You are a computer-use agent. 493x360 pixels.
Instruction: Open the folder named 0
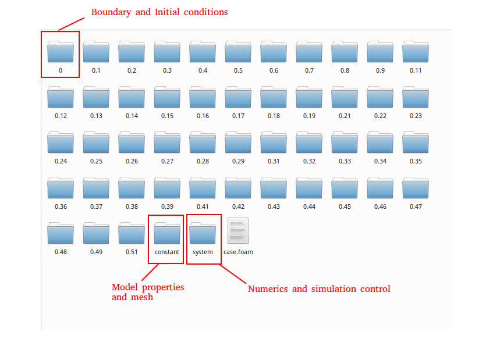61,52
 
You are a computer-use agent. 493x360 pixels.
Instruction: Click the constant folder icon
167,233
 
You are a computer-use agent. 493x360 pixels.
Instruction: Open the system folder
203,233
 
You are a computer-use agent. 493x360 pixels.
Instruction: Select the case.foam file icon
238,230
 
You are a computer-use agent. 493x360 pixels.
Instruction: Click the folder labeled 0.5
238,52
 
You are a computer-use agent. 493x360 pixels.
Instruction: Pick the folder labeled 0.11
416,52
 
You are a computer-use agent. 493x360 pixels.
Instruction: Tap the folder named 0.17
238,97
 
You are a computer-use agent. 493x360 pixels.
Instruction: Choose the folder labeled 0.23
416,97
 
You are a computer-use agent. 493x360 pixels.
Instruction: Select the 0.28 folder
203,142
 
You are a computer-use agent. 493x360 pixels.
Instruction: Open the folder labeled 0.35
416,142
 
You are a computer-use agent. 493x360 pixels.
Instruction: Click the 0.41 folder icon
203,188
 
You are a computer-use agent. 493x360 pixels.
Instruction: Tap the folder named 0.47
416,188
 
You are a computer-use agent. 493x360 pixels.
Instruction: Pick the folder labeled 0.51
132,233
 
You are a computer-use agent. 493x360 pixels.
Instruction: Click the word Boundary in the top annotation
111,12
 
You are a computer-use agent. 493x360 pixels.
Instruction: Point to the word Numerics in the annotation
268,288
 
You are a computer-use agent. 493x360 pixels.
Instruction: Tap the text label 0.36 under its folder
61,206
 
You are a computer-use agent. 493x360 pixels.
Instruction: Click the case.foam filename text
238,252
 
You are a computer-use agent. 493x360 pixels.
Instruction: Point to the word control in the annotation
375,288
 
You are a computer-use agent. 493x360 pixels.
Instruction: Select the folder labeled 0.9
380,52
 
